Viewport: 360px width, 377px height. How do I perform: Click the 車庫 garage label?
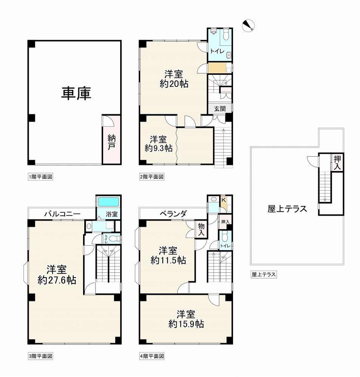(76, 93)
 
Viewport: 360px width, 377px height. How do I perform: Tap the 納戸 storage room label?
(111, 142)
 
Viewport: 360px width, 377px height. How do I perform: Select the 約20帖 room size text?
(174, 83)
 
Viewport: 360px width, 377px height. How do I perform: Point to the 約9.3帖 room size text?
(159, 148)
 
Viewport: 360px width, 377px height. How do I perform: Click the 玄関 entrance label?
(220, 109)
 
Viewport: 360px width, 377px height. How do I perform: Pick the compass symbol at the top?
(248, 25)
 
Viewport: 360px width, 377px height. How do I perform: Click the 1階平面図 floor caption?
(40, 177)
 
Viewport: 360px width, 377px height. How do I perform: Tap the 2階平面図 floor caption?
(152, 177)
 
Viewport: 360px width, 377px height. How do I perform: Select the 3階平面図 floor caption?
(40, 356)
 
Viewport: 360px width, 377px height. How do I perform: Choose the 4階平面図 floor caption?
(152, 356)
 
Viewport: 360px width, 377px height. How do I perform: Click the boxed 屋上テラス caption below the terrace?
(264, 274)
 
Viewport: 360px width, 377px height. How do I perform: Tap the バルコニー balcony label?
(62, 214)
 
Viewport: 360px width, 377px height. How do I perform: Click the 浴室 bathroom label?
(112, 214)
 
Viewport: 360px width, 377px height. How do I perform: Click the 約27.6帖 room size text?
(57, 280)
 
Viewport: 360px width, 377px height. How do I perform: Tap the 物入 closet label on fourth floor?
(201, 230)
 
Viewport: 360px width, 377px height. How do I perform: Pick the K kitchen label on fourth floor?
(223, 199)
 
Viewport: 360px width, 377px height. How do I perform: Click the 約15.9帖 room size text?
(186, 324)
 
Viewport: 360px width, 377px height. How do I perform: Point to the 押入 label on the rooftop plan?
(337, 163)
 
